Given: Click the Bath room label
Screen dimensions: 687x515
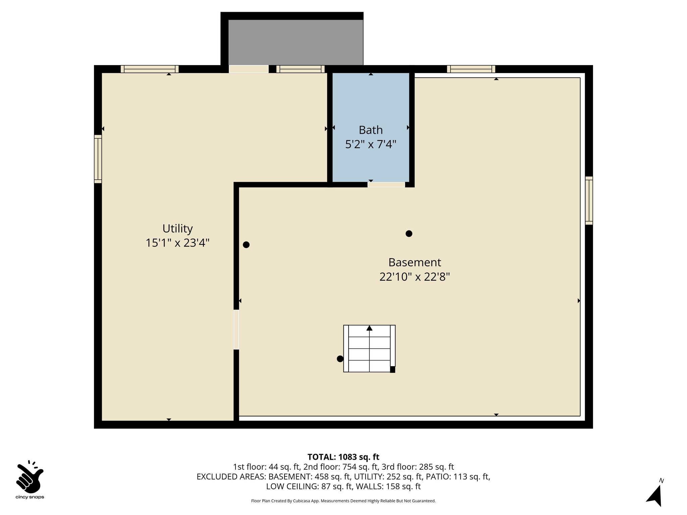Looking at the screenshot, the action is click(x=371, y=130).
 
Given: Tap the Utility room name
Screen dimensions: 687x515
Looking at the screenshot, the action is click(x=177, y=229).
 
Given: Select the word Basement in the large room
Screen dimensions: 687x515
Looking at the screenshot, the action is click(x=415, y=262).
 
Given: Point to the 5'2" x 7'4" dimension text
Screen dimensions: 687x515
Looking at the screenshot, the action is click(x=371, y=145).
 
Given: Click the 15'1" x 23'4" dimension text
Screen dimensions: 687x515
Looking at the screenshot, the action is click(x=177, y=243).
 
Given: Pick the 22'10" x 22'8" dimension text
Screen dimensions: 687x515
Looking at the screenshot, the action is click(x=415, y=277).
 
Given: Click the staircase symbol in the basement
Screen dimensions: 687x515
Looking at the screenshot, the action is click(x=369, y=348).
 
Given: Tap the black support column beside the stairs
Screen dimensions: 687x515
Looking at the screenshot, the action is click(x=340, y=359).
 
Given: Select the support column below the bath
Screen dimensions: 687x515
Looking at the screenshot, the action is click(x=409, y=234).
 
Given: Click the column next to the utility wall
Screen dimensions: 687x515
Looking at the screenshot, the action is click(x=246, y=245).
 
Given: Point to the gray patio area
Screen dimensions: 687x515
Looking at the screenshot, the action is click(x=296, y=42).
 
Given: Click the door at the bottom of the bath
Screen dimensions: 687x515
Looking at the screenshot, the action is click(x=386, y=185).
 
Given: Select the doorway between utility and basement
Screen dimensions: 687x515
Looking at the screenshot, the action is click(x=236, y=330).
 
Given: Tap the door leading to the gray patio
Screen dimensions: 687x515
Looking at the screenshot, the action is click(x=249, y=69).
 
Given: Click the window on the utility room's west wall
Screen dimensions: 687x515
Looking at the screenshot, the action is click(x=98, y=159).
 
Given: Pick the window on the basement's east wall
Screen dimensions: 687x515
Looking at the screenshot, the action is click(x=589, y=201).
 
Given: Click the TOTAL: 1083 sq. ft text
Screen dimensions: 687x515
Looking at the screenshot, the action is click(x=343, y=457).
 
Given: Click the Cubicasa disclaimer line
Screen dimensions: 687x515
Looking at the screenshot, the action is click(x=343, y=501).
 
